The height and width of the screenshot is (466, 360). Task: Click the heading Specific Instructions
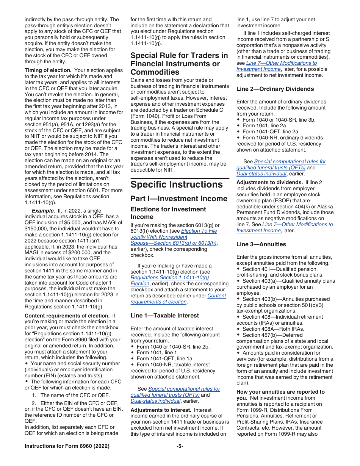(x=177, y=185)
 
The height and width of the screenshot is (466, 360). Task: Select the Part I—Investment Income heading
(x=179, y=199)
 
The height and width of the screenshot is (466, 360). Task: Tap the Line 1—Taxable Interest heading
(x=164, y=315)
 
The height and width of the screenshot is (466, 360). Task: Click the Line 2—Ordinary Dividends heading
(x=275, y=89)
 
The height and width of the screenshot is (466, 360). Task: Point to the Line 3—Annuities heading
(x=261, y=244)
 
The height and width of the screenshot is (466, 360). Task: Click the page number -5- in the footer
(x=180, y=446)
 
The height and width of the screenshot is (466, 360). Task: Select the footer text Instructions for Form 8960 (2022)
(x=67, y=446)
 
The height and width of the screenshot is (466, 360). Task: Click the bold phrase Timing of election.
(x=48, y=70)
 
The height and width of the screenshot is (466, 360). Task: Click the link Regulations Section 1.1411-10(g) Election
(x=169, y=281)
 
